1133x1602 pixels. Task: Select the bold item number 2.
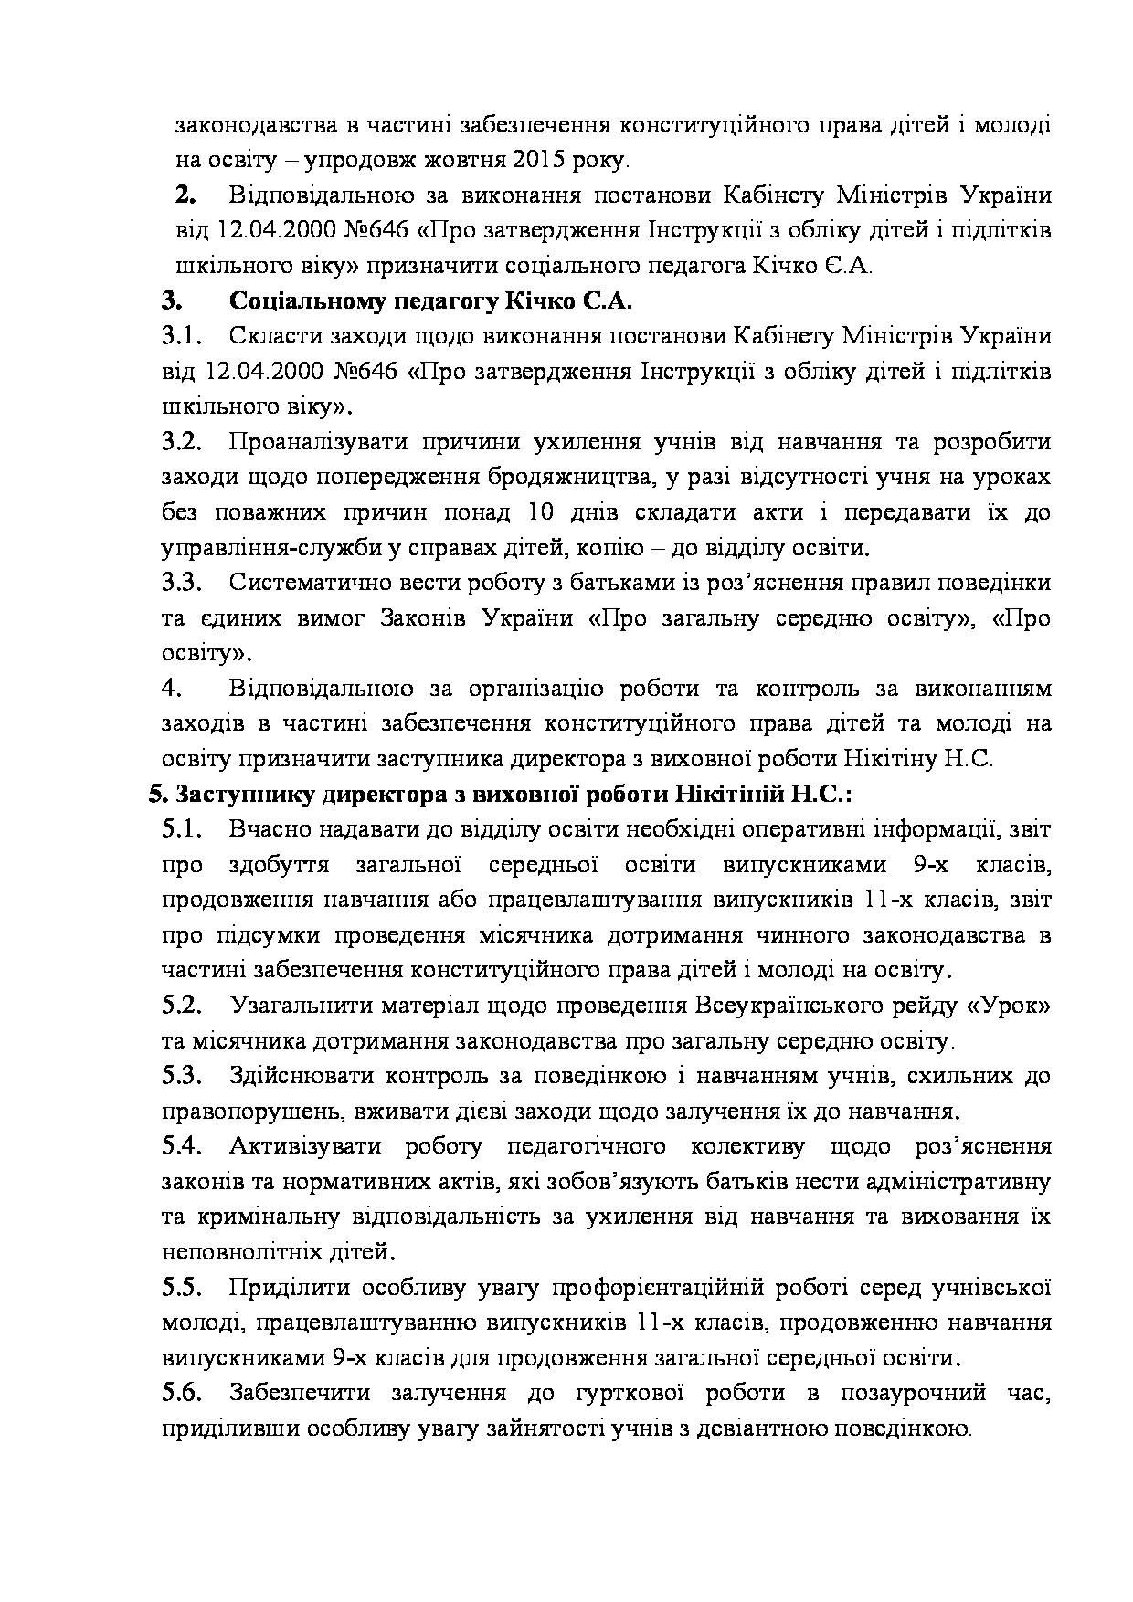[186, 195]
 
